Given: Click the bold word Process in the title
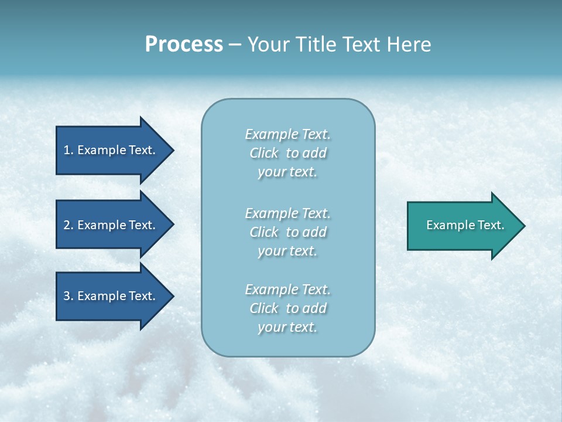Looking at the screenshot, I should (x=184, y=45).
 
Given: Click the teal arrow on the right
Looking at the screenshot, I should (x=462, y=225).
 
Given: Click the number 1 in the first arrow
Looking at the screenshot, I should (x=67, y=150).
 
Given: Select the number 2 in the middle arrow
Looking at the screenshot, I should (x=67, y=225).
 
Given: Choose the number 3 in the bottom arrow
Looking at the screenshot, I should (x=67, y=296).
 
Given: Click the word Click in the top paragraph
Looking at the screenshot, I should (x=264, y=153).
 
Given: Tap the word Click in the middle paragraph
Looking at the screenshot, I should (x=264, y=232).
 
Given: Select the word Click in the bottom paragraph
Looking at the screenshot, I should (x=264, y=308).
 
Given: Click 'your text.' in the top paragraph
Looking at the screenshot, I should (x=287, y=172).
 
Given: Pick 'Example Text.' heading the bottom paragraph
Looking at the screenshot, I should (x=287, y=290).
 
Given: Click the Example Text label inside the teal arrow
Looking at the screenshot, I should (x=465, y=225).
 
